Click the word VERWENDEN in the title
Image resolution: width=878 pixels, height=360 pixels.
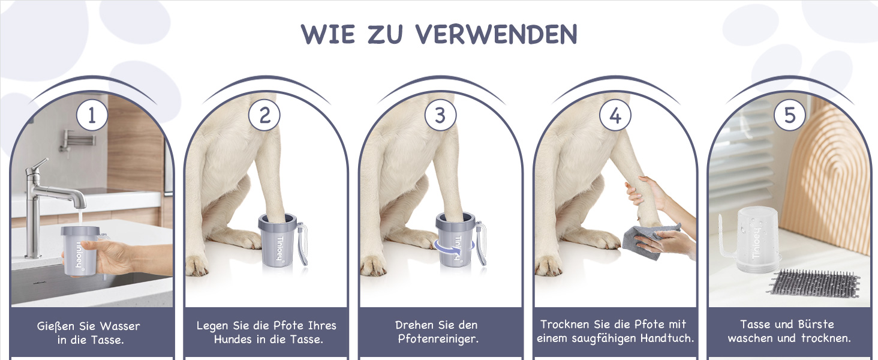pyautogui.click(x=496, y=34)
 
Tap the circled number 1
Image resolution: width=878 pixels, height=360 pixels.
pyautogui.click(x=92, y=115)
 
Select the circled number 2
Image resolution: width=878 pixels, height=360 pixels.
pyautogui.click(x=264, y=115)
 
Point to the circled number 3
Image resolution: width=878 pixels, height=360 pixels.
pyautogui.click(x=440, y=115)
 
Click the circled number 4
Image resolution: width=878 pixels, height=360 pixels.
pyautogui.click(x=615, y=115)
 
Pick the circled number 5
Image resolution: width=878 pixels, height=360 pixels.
pyautogui.click(x=789, y=115)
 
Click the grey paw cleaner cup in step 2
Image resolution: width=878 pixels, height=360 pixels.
pyautogui.click(x=278, y=240)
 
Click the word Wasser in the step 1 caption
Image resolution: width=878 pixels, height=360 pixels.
pyautogui.click(x=119, y=326)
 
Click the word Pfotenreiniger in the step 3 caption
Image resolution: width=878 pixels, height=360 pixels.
pyautogui.click(x=438, y=339)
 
